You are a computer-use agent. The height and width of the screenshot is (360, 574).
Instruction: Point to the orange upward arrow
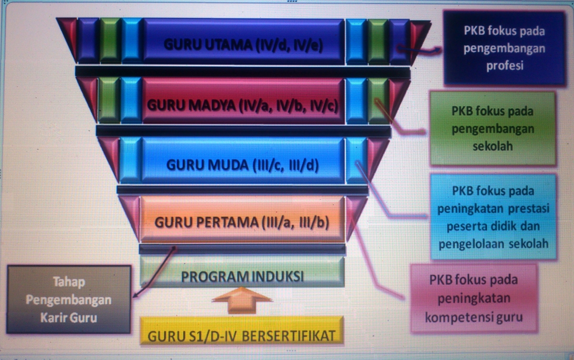point(242,299)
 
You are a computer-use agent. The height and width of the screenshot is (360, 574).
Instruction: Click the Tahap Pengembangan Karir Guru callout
point(68,299)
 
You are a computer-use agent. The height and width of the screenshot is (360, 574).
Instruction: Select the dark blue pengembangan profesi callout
point(504,48)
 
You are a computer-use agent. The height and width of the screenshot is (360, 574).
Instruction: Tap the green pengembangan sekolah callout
point(493,128)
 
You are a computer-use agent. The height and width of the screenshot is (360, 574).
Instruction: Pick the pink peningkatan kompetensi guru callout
point(474,298)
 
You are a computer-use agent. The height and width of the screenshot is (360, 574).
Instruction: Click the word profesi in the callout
point(505,65)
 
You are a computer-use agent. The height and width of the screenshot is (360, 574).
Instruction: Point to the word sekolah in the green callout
point(493,146)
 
